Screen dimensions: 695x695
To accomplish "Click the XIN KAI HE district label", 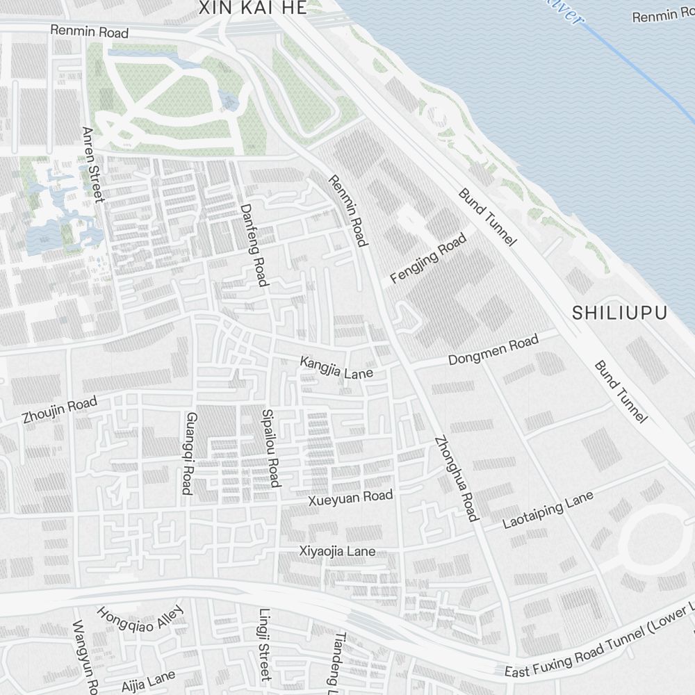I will [x=252, y=8].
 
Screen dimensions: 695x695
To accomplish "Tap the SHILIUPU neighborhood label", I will [x=619, y=313].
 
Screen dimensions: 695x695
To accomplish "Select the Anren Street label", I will [x=92, y=165].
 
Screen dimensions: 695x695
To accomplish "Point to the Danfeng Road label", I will [x=254, y=244].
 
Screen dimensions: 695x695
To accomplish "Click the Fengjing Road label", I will [x=428, y=259].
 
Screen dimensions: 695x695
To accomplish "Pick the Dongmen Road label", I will [x=493, y=350].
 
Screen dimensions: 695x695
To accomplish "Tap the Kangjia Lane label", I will [x=336, y=368].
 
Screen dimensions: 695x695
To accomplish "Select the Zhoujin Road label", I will [x=59, y=410].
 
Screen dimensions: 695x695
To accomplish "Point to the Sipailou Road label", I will [x=270, y=448].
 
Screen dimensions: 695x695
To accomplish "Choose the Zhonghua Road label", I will [x=456, y=478].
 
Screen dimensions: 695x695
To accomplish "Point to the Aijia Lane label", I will [x=148, y=678].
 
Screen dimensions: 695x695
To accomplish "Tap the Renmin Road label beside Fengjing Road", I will [x=347, y=211].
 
